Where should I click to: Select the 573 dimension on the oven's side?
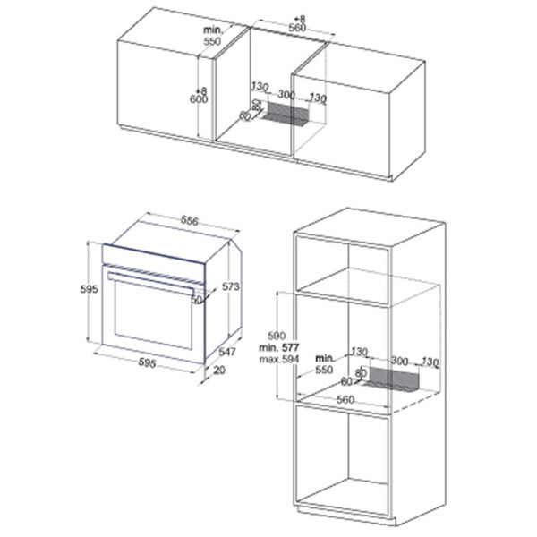click(232, 286)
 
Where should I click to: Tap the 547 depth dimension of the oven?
click(227, 352)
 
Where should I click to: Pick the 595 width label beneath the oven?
click(148, 362)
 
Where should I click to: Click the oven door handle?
click(152, 286)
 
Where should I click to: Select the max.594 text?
click(278, 358)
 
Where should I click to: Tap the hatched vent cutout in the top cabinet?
click(288, 115)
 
